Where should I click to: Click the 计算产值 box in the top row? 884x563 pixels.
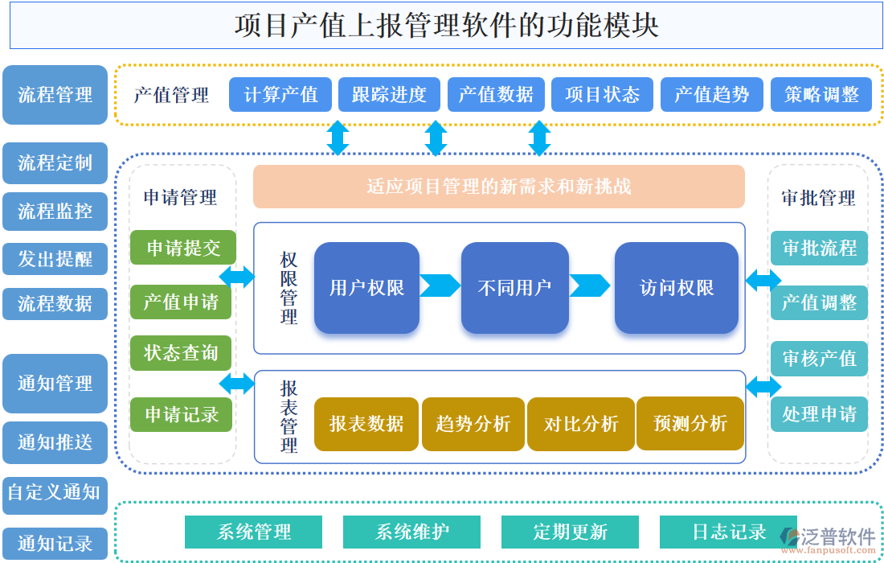(x=281, y=95)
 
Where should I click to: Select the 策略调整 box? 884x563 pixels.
(x=821, y=95)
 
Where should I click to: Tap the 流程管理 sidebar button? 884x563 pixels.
(x=55, y=95)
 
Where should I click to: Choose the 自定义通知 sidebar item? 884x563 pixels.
(x=55, y=491)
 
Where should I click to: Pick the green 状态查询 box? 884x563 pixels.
(x=181, y=353)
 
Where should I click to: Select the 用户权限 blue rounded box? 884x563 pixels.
(x=366, y=288)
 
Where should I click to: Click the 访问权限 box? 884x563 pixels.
(x=676, y=288)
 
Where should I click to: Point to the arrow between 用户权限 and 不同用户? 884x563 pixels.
(x=440, y=286)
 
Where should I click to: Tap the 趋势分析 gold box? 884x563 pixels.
(x=473, y=424)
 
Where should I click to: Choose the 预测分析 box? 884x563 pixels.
(x=690, y=424)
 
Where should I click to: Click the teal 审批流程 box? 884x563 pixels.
(x=819, y=248)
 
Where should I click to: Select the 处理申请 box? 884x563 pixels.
(x=819, y=414)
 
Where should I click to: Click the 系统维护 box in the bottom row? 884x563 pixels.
(x=411, y=532)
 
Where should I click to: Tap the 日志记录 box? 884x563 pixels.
(x=728, y=532)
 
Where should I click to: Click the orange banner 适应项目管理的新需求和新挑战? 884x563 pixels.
(x=498, y=187)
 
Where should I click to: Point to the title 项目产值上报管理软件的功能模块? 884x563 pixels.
(x=446, y=25)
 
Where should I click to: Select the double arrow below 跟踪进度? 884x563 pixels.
(x=436, y=138)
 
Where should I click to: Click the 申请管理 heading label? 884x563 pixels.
(x=181, y=197)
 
